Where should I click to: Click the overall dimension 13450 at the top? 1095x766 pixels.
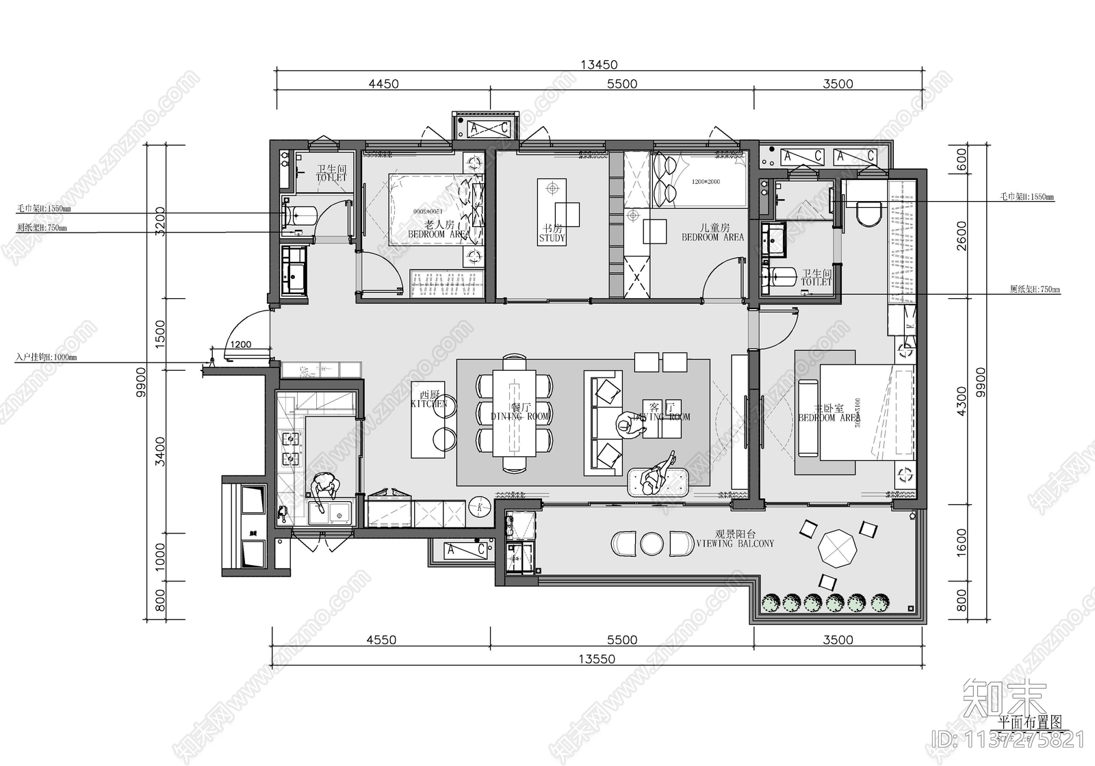599,65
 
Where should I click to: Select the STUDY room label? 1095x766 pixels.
552,234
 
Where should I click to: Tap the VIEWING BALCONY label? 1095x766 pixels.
735,539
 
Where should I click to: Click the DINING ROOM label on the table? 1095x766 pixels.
520,412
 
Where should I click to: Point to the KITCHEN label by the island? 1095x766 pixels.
429,399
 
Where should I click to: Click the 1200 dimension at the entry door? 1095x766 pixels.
240,345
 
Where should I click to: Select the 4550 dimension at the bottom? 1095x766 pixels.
381,640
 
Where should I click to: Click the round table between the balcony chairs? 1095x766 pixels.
652,544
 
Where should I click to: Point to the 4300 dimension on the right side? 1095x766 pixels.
962,401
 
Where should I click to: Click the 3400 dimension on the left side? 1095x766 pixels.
159,451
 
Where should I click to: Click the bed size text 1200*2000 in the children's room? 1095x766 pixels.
706,182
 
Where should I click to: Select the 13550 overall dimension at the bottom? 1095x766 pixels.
597,659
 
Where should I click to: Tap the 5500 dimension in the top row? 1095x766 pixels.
621,84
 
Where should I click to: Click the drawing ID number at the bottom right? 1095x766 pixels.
1008,739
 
